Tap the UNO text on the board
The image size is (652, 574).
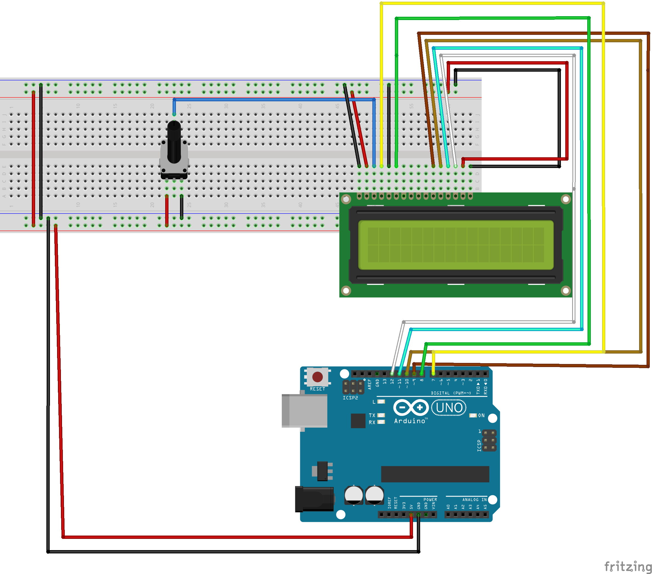coord(449,408)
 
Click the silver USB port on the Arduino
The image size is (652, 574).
coord(305,411)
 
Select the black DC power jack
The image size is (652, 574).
coord(314,499)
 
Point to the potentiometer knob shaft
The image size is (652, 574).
coord(174,140)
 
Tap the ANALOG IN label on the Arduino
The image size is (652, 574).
coord(474,500)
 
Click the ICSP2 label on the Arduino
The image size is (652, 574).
coord(350,398)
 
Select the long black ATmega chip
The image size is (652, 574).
coord(435,474)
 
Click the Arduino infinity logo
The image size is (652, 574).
coord(411,407)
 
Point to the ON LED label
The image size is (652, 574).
coord(481,415)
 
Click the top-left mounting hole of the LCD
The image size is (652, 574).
coord(346,199)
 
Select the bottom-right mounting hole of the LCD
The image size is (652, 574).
coord(566,291)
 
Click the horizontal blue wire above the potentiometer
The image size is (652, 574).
coord(274,100)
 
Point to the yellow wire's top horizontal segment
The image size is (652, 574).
coord(491,4)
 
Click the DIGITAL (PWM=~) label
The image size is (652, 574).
coord(451,393)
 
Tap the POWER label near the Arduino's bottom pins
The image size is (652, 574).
coord(430,500)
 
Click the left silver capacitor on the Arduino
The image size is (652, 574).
coord(353,495)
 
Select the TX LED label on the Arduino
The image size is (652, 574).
coord(372,415)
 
